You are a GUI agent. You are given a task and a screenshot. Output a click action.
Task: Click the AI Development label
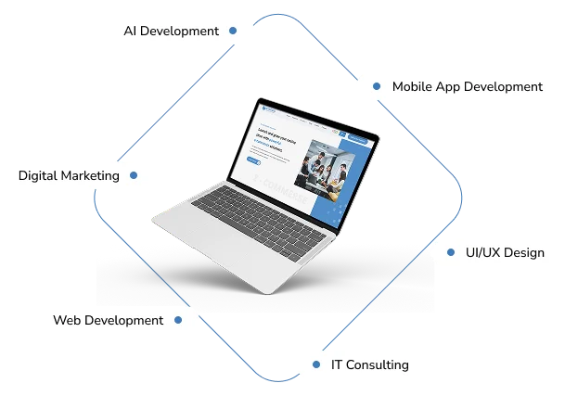[x=171, y=31]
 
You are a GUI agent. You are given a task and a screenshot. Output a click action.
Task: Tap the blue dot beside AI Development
[x=233, y=31]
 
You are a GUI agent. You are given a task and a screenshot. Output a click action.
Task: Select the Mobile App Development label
[x=467, y=86]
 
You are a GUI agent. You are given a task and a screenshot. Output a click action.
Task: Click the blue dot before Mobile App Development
[x=377, y=86]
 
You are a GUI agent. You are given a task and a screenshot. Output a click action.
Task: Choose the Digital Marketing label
[x=69, y=175]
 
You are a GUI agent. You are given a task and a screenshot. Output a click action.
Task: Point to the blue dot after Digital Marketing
[x=134, y=174]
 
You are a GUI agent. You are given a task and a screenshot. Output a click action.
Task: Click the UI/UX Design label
[x=504, y=252]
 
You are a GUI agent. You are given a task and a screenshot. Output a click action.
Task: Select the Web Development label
[x=108, y=320]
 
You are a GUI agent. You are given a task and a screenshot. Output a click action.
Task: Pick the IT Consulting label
[x=368, y=364]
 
